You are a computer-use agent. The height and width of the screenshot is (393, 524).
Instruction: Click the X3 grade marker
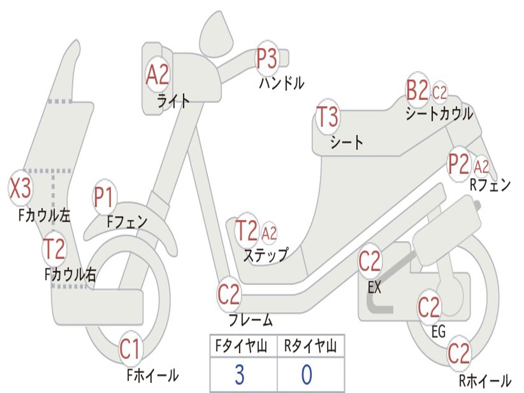click(20, 189)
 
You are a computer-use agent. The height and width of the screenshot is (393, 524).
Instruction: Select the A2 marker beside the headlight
click(157, 75)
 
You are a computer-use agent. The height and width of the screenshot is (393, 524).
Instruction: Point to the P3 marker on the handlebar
click(267, 58)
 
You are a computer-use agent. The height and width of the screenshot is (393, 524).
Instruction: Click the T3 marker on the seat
click(327, 117)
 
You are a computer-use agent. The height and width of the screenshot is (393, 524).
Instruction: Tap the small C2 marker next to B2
click(440, 93)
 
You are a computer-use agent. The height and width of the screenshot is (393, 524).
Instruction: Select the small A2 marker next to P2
click(482, 166)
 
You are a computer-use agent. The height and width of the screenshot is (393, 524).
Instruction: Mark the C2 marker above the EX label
click(370, 261)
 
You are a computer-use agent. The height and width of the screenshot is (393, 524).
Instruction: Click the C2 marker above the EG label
click(429, 307)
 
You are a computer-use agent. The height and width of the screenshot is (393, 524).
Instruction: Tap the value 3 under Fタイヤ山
click(239, 375)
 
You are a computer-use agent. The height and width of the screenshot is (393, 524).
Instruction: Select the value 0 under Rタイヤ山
click(307, 375)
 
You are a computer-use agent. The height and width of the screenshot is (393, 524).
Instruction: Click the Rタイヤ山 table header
click(311, 347)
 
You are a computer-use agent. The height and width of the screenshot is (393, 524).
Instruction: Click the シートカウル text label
click(439, 114)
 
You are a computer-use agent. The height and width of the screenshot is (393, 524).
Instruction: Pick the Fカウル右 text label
click(70, 275)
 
